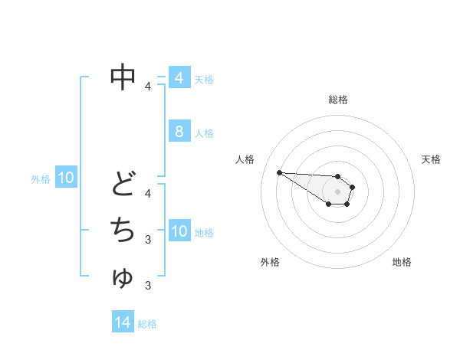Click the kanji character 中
(123, 76)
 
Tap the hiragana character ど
(123, 183)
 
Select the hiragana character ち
(123, 229)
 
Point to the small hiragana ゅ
(123, 277)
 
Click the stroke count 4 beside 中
(148, 86)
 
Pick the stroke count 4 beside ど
(148, 193)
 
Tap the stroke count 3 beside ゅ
(148, 286)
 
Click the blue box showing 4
(179, 78)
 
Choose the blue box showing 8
(179, 132)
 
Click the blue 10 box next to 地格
(179, 231)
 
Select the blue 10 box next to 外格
(66, 178)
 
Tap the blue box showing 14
(122, 322)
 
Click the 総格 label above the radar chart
(337, 100)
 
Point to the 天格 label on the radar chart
(431, 159)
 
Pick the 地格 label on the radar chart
(402, 262)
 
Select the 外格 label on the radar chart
(270, 262)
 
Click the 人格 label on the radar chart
(245, 159)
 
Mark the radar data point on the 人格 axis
(279, 172)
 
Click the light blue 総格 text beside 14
(147, 324)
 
